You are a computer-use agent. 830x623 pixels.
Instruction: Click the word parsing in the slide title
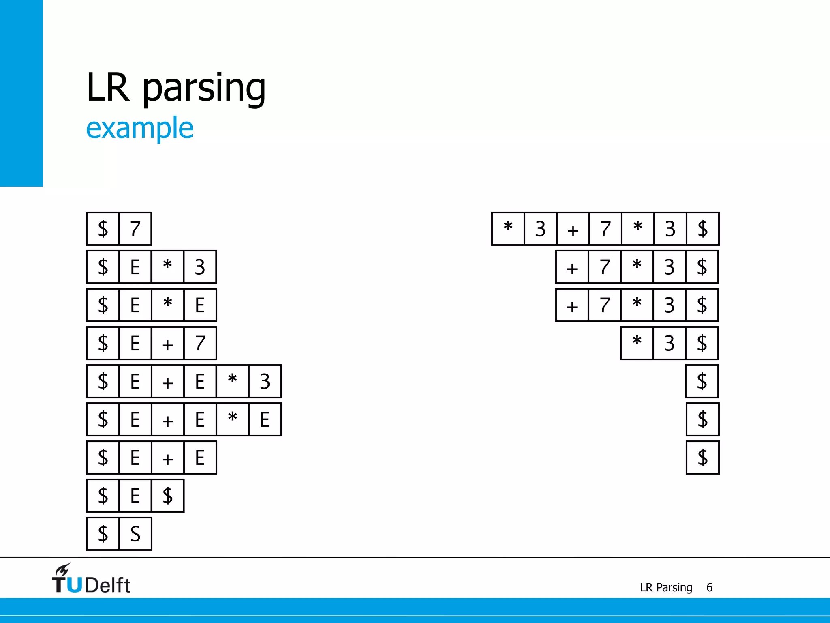click(204, 88)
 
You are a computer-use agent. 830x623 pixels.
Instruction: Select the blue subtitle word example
click(139, 128)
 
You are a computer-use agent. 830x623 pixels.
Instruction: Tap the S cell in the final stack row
click(135, 534)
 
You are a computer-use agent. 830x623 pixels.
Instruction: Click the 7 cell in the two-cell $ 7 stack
click(135, 229)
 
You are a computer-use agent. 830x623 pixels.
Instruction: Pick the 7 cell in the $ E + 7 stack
click(200, 343)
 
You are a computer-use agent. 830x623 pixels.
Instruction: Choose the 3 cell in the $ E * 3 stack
click(200, 267)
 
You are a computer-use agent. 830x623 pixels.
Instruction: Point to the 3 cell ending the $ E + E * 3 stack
click(265, 381)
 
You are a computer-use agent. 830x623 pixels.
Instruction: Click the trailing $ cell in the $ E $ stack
click(168, 496)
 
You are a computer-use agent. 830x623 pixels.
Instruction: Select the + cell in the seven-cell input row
click(573, 229)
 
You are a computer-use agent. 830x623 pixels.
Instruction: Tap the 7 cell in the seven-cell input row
click(605, 229)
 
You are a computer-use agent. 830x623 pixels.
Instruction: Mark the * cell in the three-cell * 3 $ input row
click(637, 343)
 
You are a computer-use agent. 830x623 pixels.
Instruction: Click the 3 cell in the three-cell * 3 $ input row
click(670, 343)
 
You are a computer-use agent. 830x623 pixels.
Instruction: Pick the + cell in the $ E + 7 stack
click(168, 343)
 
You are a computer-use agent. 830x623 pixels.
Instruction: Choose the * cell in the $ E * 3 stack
click(168, 267)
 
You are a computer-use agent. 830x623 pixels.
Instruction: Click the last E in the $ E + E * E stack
click(265, 419)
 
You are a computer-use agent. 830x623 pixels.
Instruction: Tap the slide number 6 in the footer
click(709, 587)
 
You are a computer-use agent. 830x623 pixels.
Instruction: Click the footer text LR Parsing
click(666, 587)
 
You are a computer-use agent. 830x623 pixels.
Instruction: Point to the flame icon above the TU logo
click(63, 569)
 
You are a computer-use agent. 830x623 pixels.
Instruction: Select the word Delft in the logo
click(108, 585)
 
